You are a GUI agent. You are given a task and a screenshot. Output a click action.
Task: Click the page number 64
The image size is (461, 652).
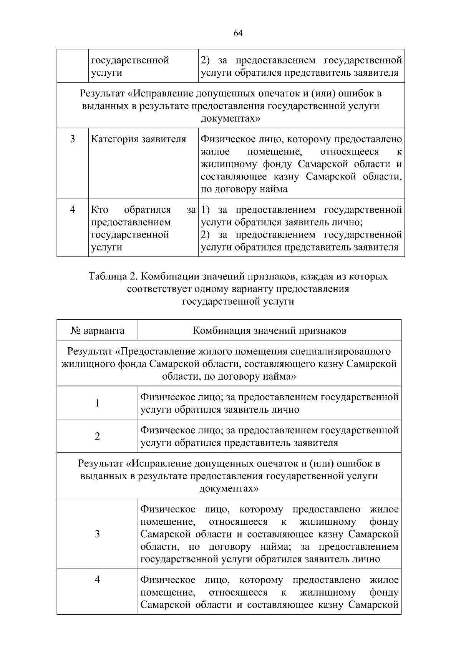point(238,33)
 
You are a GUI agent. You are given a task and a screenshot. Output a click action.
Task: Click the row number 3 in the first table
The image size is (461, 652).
point(73,139)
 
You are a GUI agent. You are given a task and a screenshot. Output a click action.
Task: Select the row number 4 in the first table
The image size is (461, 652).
point(73,209)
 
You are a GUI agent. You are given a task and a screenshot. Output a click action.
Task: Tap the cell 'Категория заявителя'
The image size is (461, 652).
point(138,139)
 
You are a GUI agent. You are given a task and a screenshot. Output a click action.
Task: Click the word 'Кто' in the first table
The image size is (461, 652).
point(99,210)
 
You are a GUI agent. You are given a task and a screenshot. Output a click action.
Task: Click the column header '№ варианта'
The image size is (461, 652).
point(97,330)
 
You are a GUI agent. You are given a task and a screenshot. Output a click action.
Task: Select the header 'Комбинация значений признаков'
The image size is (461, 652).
point(269,330)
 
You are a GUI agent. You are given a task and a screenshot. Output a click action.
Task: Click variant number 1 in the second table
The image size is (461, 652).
point(97,403)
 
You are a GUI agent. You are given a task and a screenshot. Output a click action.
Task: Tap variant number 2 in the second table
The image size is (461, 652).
point(97,436)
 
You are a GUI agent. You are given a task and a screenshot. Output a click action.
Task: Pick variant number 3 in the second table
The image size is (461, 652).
point(97,534)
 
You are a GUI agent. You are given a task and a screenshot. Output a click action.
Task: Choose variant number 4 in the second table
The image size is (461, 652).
point(97,579)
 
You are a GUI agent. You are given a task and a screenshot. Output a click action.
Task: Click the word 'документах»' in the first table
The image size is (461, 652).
point(230,118)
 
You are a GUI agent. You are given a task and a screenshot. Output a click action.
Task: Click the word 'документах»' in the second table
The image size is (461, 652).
point(229,489)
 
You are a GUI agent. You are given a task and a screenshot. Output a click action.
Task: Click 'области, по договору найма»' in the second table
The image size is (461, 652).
point(229,376)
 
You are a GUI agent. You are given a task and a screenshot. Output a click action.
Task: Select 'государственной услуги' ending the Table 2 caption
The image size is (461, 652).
point(238,301)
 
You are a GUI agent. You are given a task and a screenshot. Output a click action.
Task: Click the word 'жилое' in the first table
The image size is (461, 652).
point(215,151)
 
